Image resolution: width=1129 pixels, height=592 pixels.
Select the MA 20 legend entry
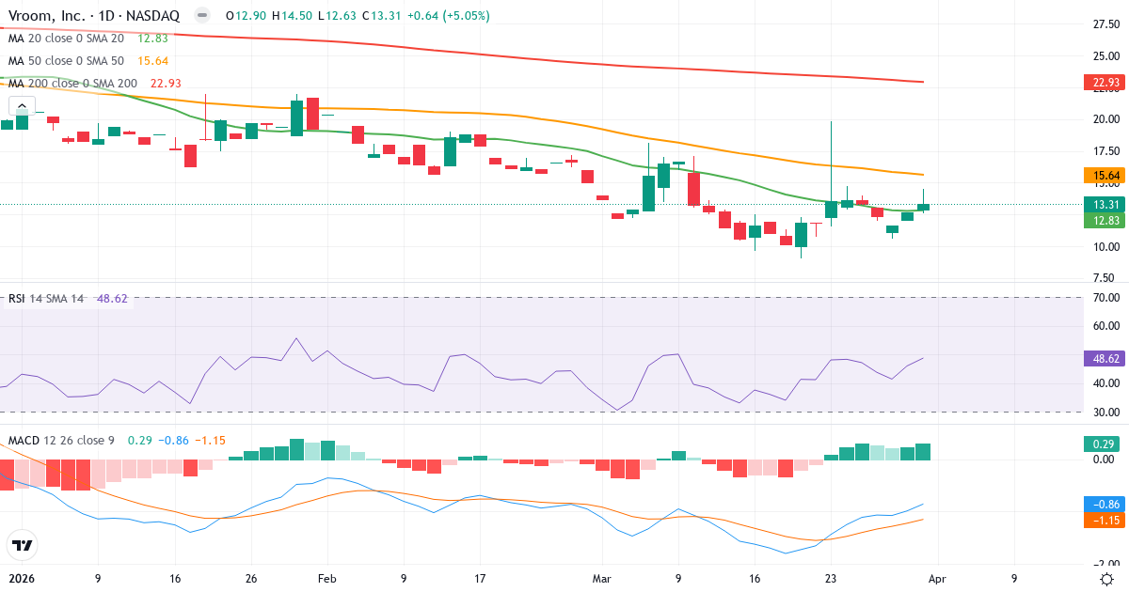click(x=66, y=38)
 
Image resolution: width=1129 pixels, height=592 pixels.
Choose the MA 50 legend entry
click(x=66, y=61)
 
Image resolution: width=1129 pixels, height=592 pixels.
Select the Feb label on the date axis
click(x=326, y=579)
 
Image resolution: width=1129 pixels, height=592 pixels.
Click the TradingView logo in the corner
click(x=22, y=545)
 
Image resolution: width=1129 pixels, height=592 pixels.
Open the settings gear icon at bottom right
click(x=1106, y=579)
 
